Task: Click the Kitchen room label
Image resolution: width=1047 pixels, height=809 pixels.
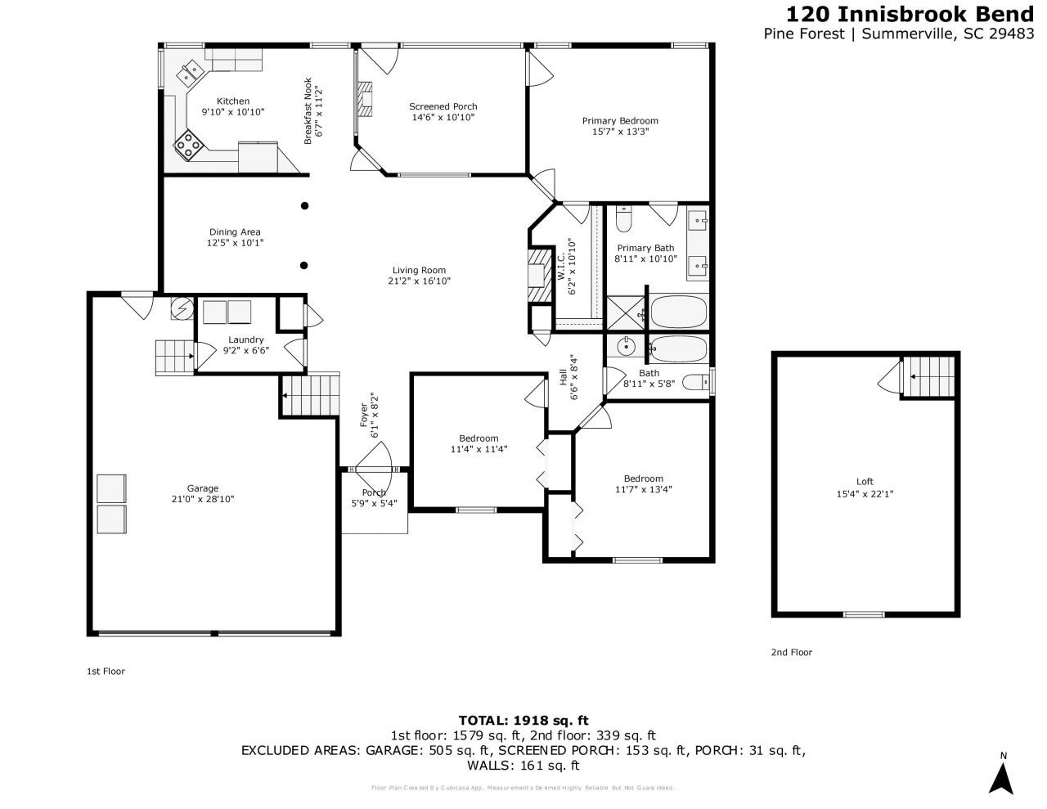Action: [233, 101]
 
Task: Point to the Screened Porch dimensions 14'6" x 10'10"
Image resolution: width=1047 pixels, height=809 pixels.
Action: [443, 118]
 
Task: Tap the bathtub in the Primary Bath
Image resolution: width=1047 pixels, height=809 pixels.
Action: [678, 312]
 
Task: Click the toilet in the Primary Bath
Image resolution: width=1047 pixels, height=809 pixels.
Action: [624, 219]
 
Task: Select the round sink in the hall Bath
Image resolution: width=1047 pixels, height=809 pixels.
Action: [627, 347]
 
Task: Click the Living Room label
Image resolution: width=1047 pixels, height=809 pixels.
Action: [419, 270]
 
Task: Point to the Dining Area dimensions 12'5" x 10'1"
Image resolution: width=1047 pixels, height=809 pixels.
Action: [235, 243]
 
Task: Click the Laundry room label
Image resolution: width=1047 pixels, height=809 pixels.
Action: [246, 339]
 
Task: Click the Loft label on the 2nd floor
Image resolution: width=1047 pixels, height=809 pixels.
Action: [865, 482]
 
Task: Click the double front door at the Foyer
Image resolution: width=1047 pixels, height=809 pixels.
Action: [374, 470]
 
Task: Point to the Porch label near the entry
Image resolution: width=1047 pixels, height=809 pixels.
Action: [374, 492]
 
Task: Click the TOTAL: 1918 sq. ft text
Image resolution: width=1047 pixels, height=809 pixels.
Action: [523, 721]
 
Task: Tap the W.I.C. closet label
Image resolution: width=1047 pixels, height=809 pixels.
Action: [562, 266]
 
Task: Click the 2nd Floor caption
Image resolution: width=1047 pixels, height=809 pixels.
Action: [791, 652]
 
